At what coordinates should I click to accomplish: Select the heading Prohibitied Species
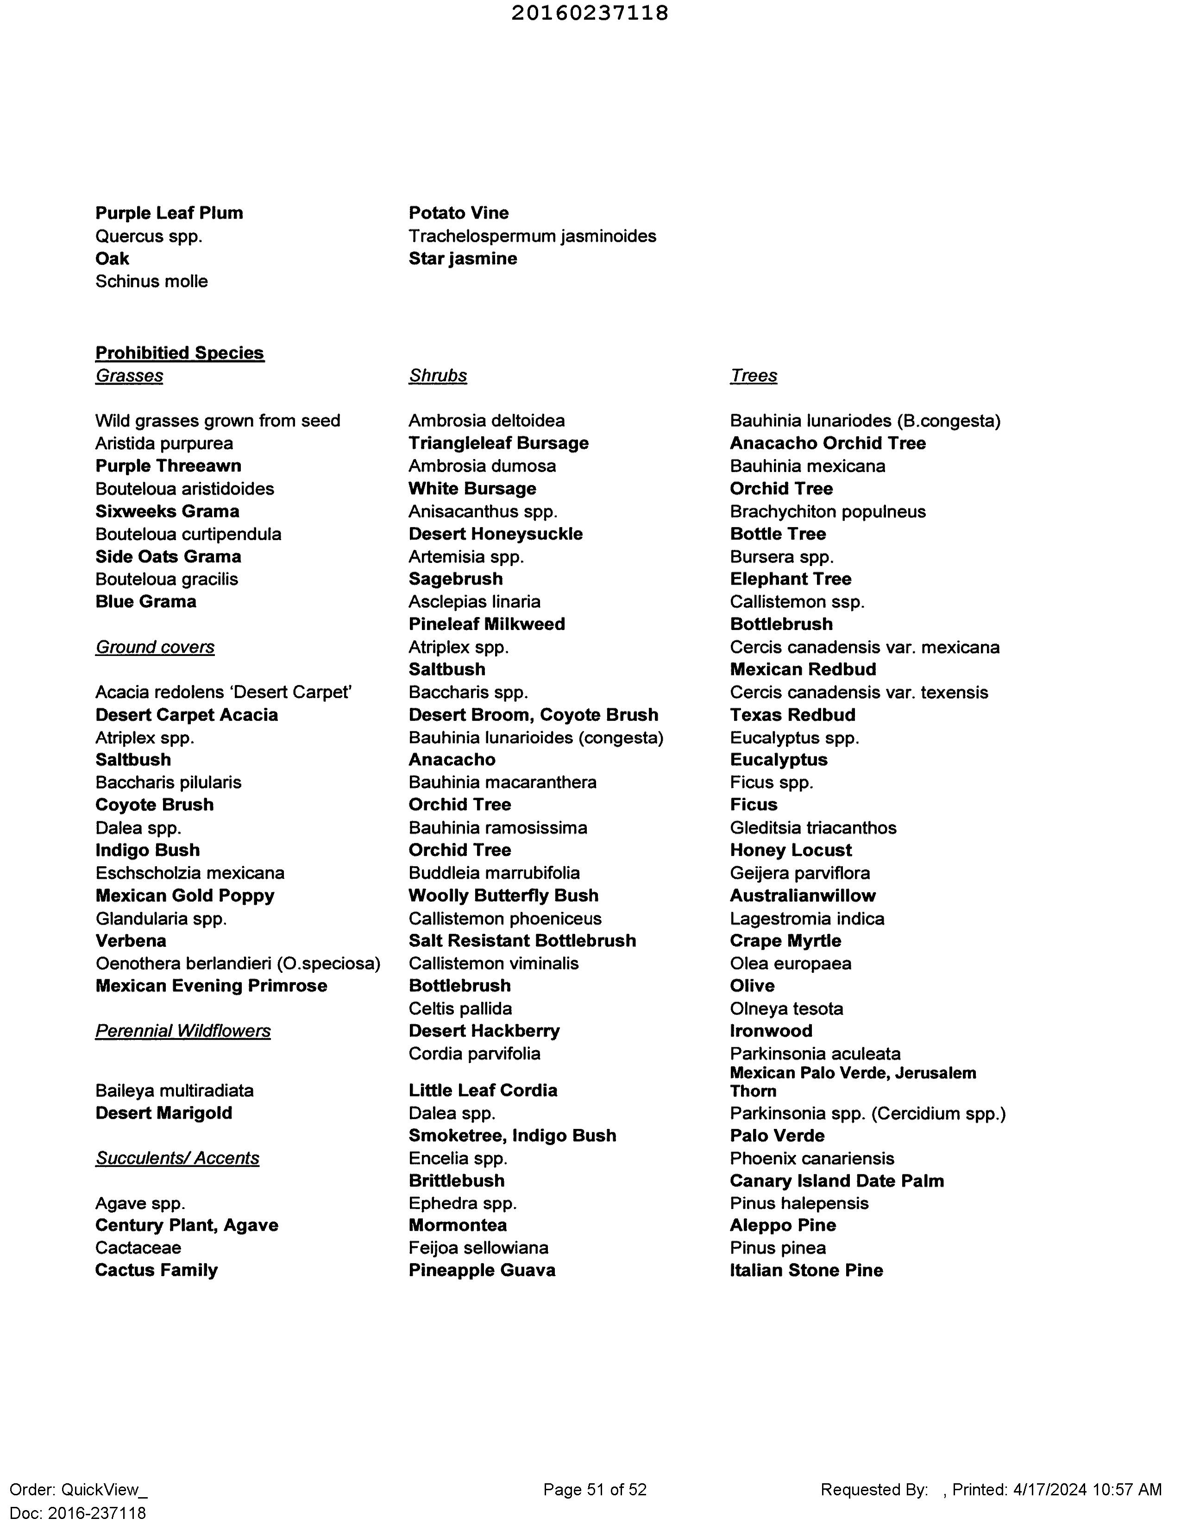(179, 353)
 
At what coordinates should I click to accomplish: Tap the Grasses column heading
(129, 376)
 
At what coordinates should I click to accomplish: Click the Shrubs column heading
(438, 376)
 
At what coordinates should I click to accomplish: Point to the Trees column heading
(754, 376)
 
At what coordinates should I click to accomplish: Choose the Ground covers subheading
(155, 647)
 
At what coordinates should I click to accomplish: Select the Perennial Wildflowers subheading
(183, 1031)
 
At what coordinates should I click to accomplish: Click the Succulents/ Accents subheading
(177, 1158)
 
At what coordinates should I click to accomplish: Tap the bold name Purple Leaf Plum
(169, 213)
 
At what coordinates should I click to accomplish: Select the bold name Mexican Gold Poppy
(185, 896)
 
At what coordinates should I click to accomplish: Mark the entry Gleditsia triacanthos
(813, 827)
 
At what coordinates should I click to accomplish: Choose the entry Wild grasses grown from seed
(218, 421)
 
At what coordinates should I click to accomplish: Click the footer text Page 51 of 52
(595, 1489)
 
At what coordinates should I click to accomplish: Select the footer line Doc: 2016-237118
(78, 1512)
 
